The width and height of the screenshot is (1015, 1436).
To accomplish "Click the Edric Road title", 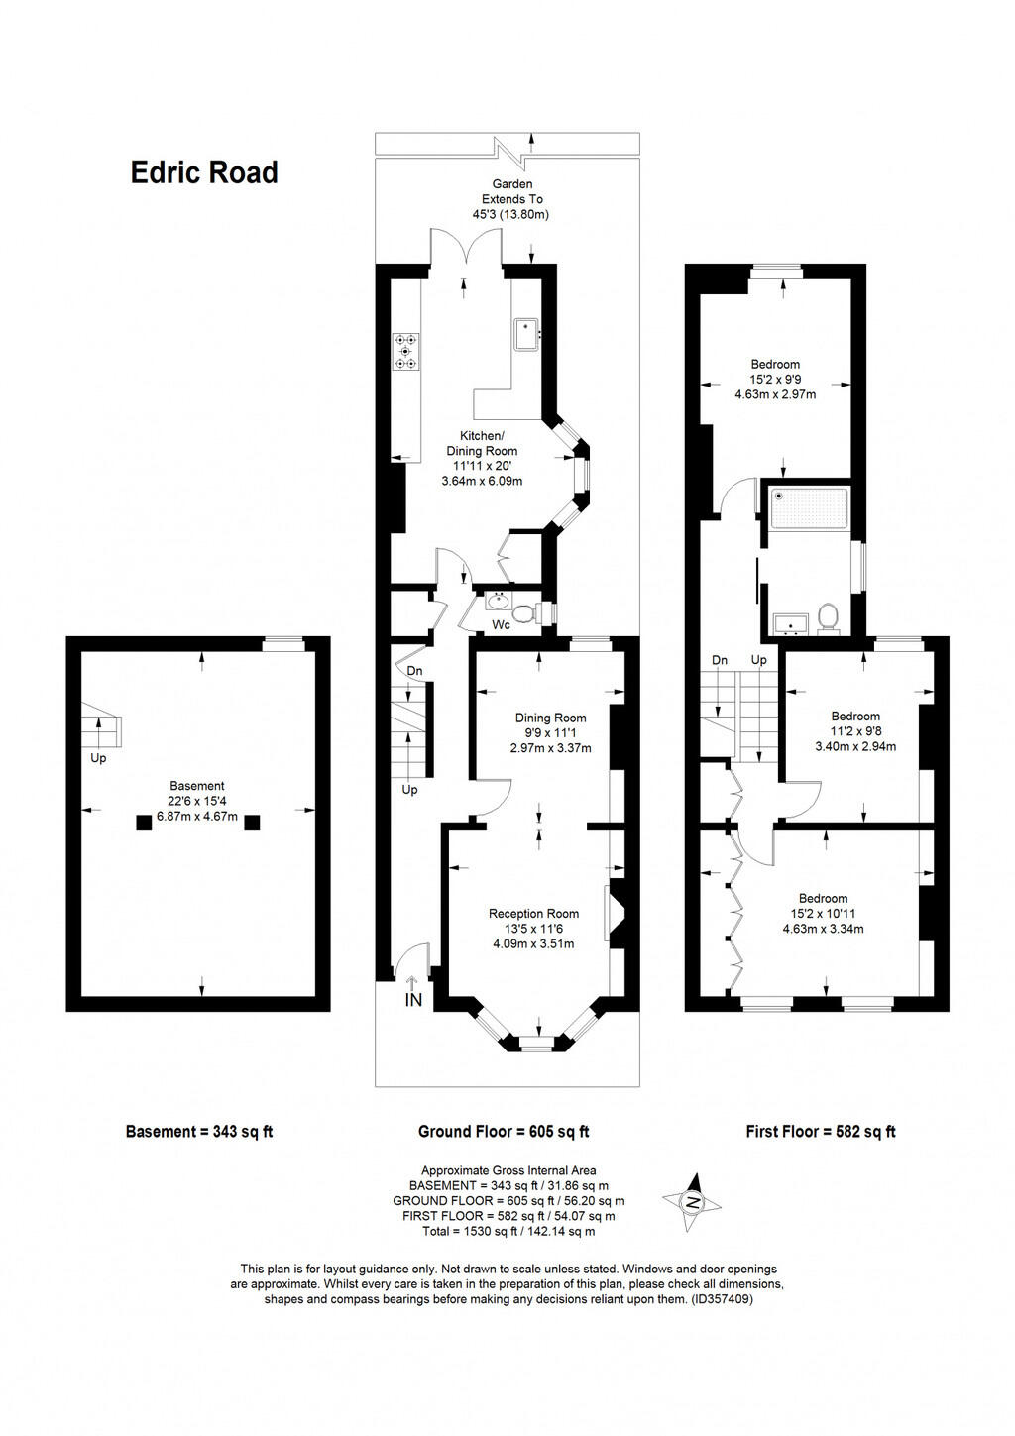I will [204, 172].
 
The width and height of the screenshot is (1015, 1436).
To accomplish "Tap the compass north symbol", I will [693, 1203].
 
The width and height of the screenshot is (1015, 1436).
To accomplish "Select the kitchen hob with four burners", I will [405, 351].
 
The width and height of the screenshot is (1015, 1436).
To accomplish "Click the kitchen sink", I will [525, 333].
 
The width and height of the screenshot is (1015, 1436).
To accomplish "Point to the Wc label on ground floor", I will [502, 625].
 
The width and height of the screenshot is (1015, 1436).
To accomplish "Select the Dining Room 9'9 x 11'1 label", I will [550, 732].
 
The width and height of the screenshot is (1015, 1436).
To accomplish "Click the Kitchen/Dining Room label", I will [482, 458].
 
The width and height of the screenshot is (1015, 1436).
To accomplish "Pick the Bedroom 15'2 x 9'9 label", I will [775, 379].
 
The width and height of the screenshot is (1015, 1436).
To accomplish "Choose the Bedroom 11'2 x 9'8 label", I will [855, 730].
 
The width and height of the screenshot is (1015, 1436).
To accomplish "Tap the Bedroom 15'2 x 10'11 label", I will [824, 914].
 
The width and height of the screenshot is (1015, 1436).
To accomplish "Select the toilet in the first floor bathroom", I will [828, 618].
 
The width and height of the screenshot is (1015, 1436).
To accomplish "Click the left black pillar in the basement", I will [144, 822].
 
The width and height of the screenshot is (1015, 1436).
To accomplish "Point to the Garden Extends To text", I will [512, 198].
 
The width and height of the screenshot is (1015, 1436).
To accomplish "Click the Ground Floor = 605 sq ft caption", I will [504, 1131].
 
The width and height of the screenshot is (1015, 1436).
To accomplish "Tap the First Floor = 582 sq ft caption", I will [821, 1131].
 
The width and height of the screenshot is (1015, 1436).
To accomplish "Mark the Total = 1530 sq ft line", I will [508, 1231].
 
